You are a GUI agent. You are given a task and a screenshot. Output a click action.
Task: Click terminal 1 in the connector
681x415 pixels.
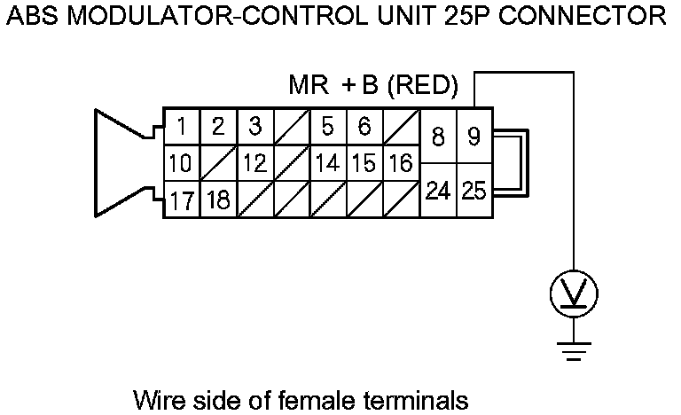(x=181, y=127)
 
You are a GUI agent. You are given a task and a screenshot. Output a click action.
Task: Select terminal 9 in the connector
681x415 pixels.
(x=474, y=137)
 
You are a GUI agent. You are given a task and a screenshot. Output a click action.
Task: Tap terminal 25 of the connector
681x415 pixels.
(x=474, y=191)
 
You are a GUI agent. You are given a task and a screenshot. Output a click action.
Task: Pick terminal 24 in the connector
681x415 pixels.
(x=437, y=191)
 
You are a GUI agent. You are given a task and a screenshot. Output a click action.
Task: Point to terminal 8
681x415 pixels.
(x=437, y=137)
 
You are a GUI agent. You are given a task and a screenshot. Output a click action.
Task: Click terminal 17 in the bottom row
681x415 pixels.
(x=181, y=200)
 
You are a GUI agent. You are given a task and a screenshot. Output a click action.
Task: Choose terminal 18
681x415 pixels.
(x=218, y=200)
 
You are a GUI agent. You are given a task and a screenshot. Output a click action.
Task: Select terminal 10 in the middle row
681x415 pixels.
(x=181, y=164)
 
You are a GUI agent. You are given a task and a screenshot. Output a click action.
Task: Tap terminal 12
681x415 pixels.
(x=254, y=164)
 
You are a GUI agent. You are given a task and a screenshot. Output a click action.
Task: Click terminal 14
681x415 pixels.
(x=327, y=164)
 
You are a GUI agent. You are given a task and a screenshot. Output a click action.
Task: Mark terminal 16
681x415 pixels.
(x=401, y=164)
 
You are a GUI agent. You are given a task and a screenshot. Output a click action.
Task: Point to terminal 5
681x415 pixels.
(x=327, y=127)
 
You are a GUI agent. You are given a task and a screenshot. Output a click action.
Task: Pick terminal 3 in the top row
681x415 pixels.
(x=254, y=127)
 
